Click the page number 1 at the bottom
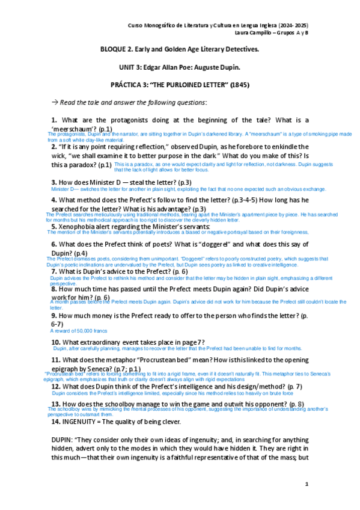click(307, 484)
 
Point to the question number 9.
click(54, 315)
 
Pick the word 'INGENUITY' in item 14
click(85, 422)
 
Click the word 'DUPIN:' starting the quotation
click(64, 440)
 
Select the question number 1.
click(54, 120)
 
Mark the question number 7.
click(54, 271)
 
